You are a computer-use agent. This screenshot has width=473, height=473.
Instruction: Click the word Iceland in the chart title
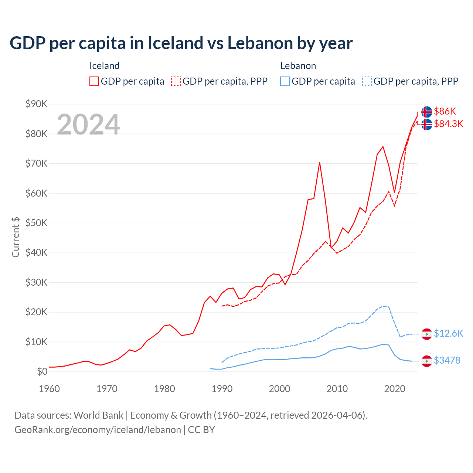[x=175, y=43]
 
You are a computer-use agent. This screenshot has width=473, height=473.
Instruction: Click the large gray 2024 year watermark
[x=88, y=125]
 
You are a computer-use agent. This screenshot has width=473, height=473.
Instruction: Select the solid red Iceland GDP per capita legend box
[x=94, y=81]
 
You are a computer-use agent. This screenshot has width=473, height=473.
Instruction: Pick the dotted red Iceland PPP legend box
[x=176, y=81]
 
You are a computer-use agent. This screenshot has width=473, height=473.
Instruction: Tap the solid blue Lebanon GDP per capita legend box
[x=285, y=81]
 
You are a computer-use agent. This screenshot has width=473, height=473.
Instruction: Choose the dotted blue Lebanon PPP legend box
[x=367, y=81]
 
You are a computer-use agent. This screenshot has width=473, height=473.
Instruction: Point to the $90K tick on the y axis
[x=36, y=104]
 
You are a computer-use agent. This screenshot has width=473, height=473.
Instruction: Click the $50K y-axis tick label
[x=36, y=223]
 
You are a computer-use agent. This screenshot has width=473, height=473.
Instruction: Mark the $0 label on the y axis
[x=42, y=371]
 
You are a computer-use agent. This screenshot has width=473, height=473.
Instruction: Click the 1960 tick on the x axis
[x=49, y=389]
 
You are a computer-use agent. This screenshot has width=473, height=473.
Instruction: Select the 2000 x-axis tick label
[x=279, y=389]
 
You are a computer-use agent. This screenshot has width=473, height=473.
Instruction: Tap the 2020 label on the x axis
[x=395, y=389]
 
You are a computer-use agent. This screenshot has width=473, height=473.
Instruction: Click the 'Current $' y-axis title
[x=16, y=237]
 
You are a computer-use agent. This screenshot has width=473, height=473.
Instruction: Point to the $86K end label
[x=445, y=111]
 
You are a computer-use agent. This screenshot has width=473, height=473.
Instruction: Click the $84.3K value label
[x=448, y=124]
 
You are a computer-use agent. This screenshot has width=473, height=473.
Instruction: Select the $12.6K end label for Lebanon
[x=448, y=333]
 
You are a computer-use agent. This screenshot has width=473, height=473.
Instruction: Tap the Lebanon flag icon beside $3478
[x=427, y=361]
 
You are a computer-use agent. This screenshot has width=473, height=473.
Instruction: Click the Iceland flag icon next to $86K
[x=427, y=112]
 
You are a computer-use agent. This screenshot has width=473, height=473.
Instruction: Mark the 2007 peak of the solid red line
[x=319, y=162]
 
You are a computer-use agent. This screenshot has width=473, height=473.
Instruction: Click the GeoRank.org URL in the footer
[x=98, y=430]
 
